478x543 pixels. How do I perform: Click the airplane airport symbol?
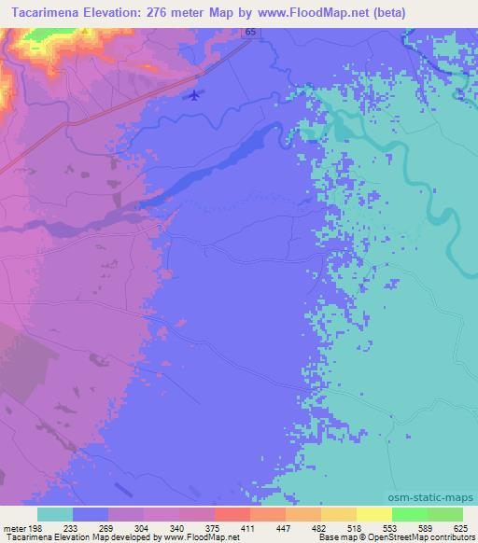[x=194, y=94]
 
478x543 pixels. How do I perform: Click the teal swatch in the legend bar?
[x=55, y=514]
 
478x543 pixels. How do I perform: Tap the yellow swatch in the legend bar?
[x=373, y=514]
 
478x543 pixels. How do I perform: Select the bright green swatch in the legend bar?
[x=409, y=514]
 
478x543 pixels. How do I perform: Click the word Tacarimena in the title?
[x=44, y=13]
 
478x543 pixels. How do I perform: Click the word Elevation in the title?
[x=116, y=13]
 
